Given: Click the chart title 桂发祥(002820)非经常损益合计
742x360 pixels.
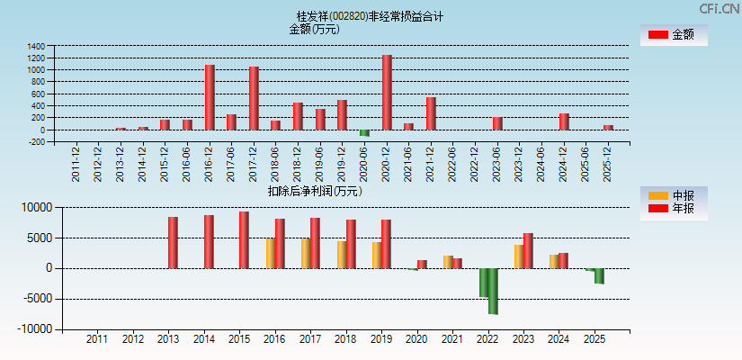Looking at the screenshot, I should point(370,16).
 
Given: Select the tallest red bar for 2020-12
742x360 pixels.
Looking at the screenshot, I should point(387,92).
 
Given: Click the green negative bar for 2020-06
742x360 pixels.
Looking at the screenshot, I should point(364,132).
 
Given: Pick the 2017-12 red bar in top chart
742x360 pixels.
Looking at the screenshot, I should point(254,98).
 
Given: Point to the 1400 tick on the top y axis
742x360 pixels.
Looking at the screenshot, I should point(36,46).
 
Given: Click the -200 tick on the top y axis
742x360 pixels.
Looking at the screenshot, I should point(36,142).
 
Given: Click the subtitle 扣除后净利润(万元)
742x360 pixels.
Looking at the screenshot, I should point(314,191).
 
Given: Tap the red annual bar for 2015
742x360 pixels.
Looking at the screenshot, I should point(244,240).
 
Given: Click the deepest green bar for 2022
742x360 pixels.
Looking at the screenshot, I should point(493,291).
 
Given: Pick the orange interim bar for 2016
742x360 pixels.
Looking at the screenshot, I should point(270,253).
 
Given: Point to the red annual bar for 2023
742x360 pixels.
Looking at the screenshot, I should point(528,250).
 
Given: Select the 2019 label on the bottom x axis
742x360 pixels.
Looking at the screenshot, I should point(380,340).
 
